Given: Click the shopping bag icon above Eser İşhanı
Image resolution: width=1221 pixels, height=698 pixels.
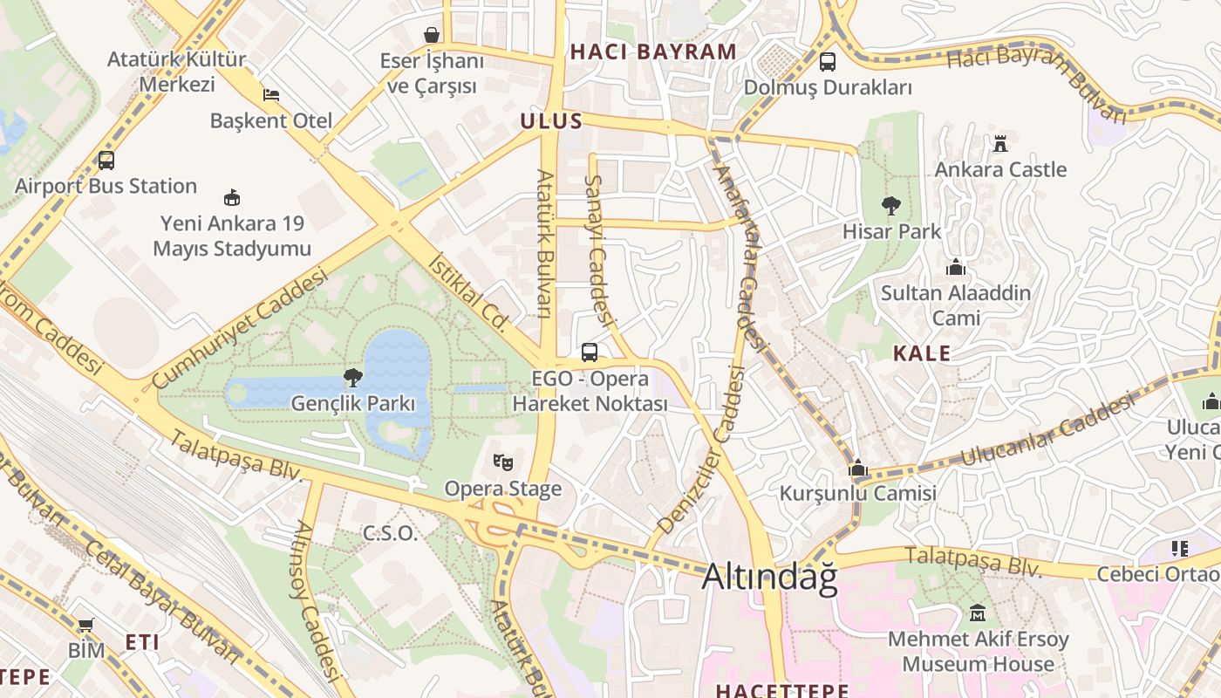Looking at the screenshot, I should [x=431, y=35].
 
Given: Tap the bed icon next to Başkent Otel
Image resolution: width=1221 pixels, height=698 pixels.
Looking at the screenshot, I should [x=271, y=94].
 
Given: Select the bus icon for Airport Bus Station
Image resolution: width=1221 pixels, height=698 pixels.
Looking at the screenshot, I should [x=106, y=161].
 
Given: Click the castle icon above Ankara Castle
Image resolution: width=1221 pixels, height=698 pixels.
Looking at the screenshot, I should [x=1000, y=143].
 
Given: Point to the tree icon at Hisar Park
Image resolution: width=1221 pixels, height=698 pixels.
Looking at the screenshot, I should [x=890, y=206].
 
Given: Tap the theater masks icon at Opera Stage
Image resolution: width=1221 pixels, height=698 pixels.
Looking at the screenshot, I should [x=502, y=462].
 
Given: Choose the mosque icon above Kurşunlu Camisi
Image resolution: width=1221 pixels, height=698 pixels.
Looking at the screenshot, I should [x=858, y=469].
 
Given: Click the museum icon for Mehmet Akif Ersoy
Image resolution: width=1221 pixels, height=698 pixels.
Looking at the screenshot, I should [x=978, y=613].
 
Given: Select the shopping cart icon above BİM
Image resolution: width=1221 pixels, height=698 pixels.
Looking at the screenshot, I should [x=85, y=625].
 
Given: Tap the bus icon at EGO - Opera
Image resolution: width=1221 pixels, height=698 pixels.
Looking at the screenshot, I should [x=590, y=352].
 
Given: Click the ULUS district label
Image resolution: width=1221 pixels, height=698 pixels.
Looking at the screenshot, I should [x=551, y=121].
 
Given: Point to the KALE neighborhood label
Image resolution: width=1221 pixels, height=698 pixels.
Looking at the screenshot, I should [x=922, y=353].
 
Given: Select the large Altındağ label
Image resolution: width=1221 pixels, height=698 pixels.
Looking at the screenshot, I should [x=769, y=577].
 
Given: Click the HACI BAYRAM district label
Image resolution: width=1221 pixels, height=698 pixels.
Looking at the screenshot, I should [x=653, y=51].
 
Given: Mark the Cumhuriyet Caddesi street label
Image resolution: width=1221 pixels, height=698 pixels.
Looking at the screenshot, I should [x=240, y=329].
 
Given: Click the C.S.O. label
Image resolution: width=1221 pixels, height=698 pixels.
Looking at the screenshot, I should [x=390, y=533].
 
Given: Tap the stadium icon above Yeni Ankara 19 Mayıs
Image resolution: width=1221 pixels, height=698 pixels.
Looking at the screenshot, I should [x=231, y=197].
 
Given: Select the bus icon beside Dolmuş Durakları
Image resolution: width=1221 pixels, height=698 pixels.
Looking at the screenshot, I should [x=827, y=62].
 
